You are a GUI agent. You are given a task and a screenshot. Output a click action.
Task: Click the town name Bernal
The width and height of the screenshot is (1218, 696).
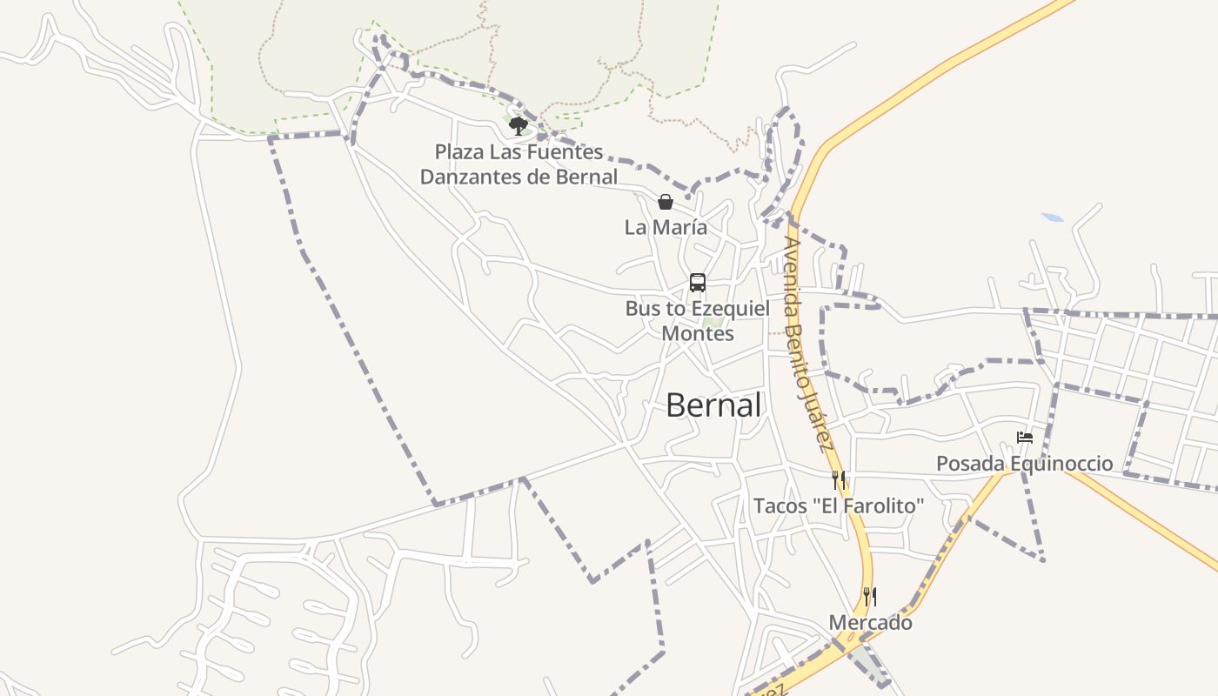pos(713,405)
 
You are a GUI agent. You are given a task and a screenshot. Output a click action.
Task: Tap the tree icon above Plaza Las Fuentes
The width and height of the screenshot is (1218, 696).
pos(519,126)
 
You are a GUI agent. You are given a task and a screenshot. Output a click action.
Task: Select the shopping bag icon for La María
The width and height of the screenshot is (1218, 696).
pos(666,203)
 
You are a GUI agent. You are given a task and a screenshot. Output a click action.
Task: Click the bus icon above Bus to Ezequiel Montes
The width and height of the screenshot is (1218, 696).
pos(698,283)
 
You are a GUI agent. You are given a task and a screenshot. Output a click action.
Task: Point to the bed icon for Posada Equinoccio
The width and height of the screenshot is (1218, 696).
pos(1025,438)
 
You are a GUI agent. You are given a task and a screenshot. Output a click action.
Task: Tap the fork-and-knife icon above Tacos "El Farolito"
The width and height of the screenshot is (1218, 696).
pos(839,479)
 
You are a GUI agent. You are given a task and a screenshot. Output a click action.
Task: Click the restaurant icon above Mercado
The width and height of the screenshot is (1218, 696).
pos(869,597)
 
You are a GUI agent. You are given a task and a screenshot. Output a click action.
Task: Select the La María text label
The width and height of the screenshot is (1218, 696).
pos(666,227)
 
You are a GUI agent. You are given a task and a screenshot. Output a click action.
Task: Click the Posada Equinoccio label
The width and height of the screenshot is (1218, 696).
pos(1024,464)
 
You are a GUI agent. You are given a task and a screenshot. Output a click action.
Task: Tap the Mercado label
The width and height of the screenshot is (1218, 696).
pos(870,623)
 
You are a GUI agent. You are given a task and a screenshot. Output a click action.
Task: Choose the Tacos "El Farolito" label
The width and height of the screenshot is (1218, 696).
pos(838,505)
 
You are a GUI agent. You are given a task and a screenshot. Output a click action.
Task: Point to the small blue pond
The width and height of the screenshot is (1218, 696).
pos(1052,217)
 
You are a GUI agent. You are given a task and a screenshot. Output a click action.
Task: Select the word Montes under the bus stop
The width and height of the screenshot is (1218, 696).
pos(698,333)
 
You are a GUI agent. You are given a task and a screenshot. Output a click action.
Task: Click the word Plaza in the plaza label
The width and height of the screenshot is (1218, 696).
pos(458,152)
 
